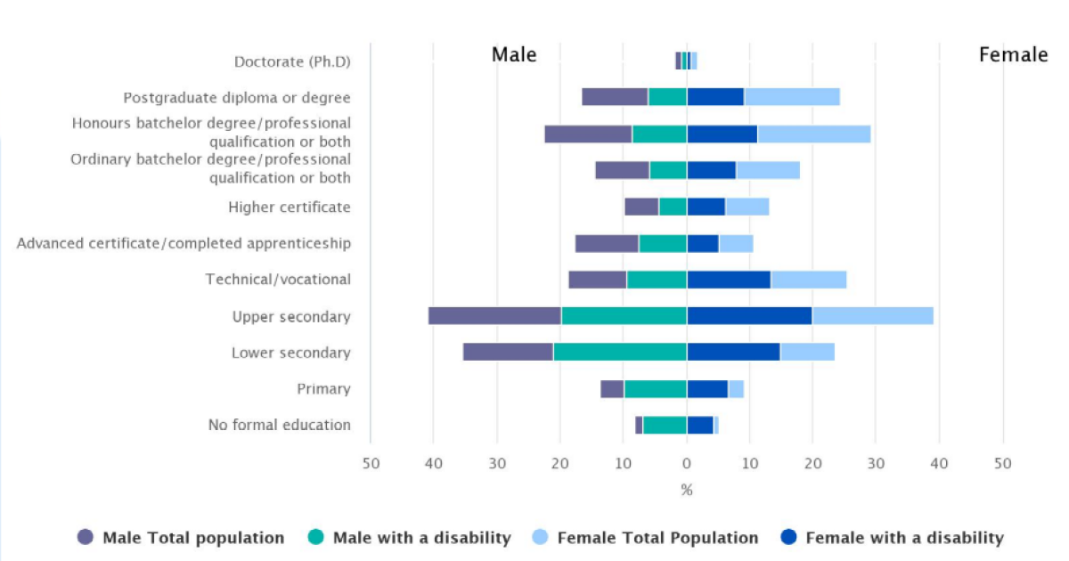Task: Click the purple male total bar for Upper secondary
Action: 494,315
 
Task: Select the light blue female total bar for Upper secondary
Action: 873,315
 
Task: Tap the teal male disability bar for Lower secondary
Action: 620,352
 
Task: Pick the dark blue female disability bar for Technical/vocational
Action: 729,279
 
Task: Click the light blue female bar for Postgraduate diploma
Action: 792,97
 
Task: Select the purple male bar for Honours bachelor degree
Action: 588,134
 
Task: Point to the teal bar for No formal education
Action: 665,425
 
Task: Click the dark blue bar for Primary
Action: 707,388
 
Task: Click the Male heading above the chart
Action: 514,54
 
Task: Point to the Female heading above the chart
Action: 1013,54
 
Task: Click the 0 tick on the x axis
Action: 687,463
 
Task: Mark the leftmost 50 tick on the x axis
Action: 371,463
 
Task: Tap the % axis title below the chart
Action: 687,490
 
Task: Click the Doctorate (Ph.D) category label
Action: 292,61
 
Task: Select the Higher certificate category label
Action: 290,207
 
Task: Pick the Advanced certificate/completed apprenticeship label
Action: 184,243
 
